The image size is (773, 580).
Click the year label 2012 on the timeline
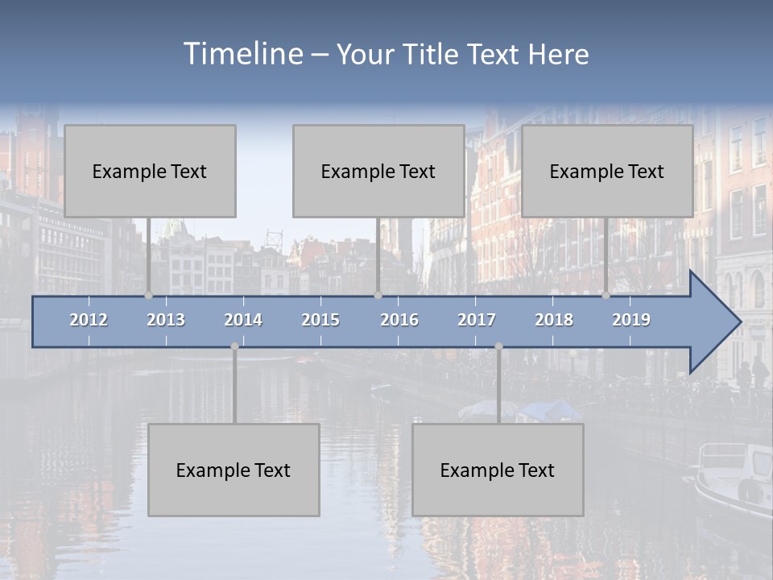click(89, 320)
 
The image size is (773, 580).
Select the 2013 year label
click(166, 320)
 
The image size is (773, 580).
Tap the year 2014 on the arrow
click(243, 320)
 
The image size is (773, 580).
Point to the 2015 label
click(320, 320)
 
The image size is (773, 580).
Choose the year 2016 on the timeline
click(399, 320)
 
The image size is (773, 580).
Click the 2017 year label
click(477, 320)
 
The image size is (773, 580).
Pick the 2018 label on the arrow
click(554, 320)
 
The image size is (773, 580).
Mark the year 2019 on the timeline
click(631, 320)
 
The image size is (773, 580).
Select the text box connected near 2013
click(150, 171)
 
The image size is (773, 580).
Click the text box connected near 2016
click(378, 171)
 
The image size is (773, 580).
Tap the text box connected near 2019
click(607, 171)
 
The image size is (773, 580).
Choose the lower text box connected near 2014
click(234, 470)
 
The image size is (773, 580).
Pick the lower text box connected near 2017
click(498, 470)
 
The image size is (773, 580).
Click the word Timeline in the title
click(242, 54)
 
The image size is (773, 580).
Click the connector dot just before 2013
click(148, 295)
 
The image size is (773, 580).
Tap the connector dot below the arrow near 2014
click(234, 346)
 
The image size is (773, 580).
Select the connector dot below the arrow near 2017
click(498, 346)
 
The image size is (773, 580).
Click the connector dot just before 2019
click(606, 295)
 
